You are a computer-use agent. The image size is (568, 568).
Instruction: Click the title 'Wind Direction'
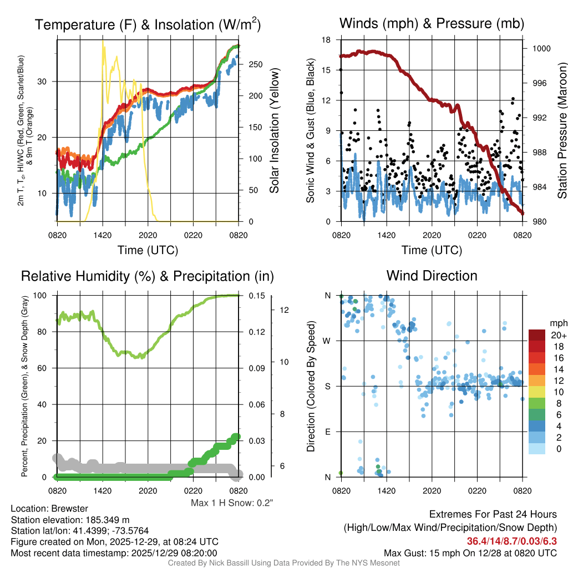tap(432, 276)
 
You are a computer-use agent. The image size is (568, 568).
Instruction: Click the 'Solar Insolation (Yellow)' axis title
tap(275, 131)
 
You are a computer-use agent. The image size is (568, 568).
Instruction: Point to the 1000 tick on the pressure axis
tap(541, 48)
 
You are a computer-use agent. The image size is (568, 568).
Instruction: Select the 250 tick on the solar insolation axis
tap(255, 64)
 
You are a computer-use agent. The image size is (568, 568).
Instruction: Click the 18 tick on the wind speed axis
tap(327, 40)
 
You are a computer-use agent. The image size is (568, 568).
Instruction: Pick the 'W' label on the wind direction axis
tap(328, 341)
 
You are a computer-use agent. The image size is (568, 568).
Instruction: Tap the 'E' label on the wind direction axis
tap(328, 432)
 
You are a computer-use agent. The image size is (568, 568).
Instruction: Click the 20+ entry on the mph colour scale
tap(557, 335)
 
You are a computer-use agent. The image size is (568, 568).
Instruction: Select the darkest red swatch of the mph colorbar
tap(536, 335)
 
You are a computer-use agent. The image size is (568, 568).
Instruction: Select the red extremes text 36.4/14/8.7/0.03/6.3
tap(511, 541)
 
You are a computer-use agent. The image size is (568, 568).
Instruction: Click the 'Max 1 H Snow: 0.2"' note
tap(232, 503)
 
